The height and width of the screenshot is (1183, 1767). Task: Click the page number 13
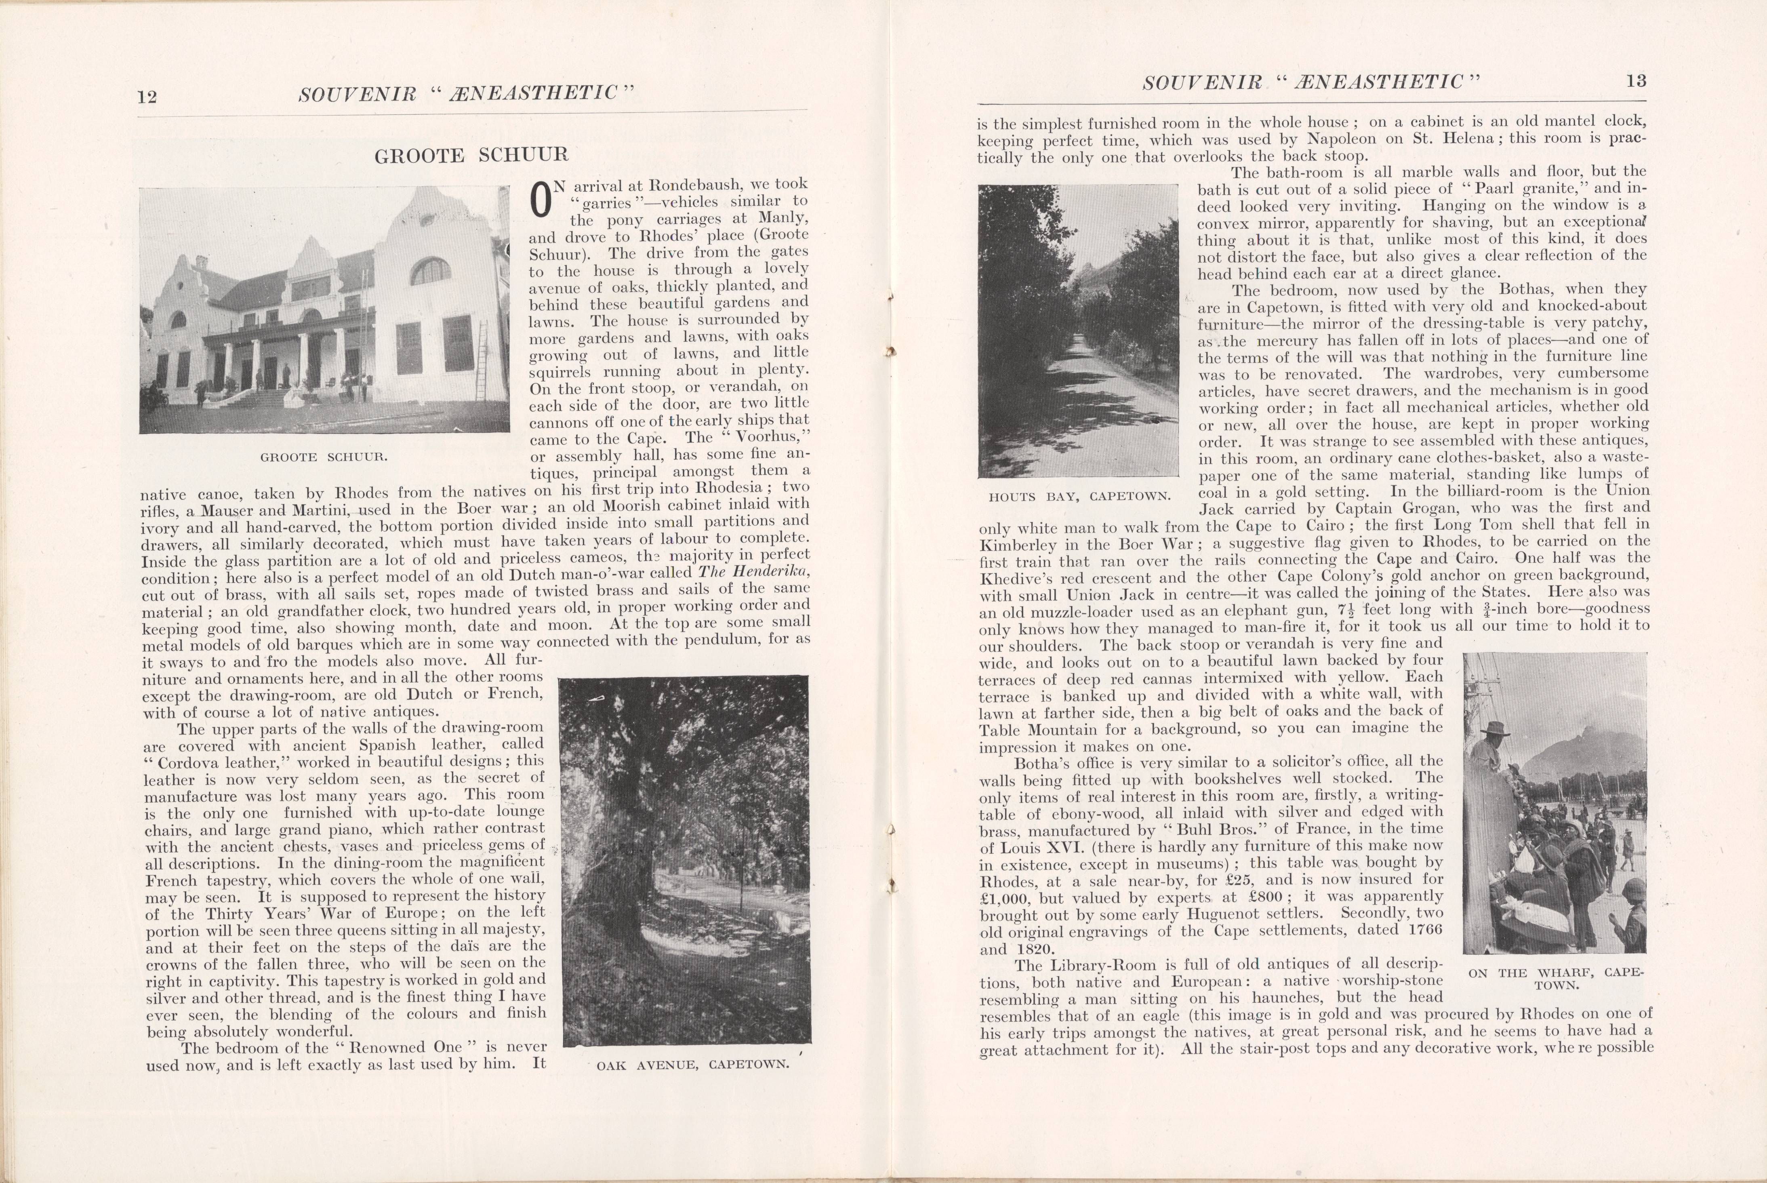[x=1636, y=82]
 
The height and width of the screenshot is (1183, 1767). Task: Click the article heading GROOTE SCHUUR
[x=471, y=156]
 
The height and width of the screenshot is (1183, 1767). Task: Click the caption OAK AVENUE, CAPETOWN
[x=692, y=1065]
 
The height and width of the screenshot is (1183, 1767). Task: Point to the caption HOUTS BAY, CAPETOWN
[x=1079, y=497]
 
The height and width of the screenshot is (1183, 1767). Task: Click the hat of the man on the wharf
[x=1494, y=728]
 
